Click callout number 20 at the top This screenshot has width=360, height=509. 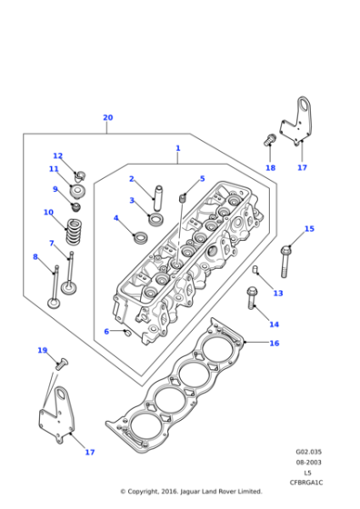[107, 118]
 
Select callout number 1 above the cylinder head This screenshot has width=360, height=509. [178, 148]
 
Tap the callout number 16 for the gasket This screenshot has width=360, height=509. [274, 344]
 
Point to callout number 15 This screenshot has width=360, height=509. [309, 229]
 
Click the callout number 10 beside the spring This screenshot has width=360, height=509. [48, 213]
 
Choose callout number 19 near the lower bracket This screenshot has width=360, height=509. [42, 350]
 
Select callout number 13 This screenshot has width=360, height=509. [278, 293]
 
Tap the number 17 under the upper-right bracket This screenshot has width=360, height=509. [302, 167]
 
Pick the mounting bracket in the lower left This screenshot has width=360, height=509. [58, 414]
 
